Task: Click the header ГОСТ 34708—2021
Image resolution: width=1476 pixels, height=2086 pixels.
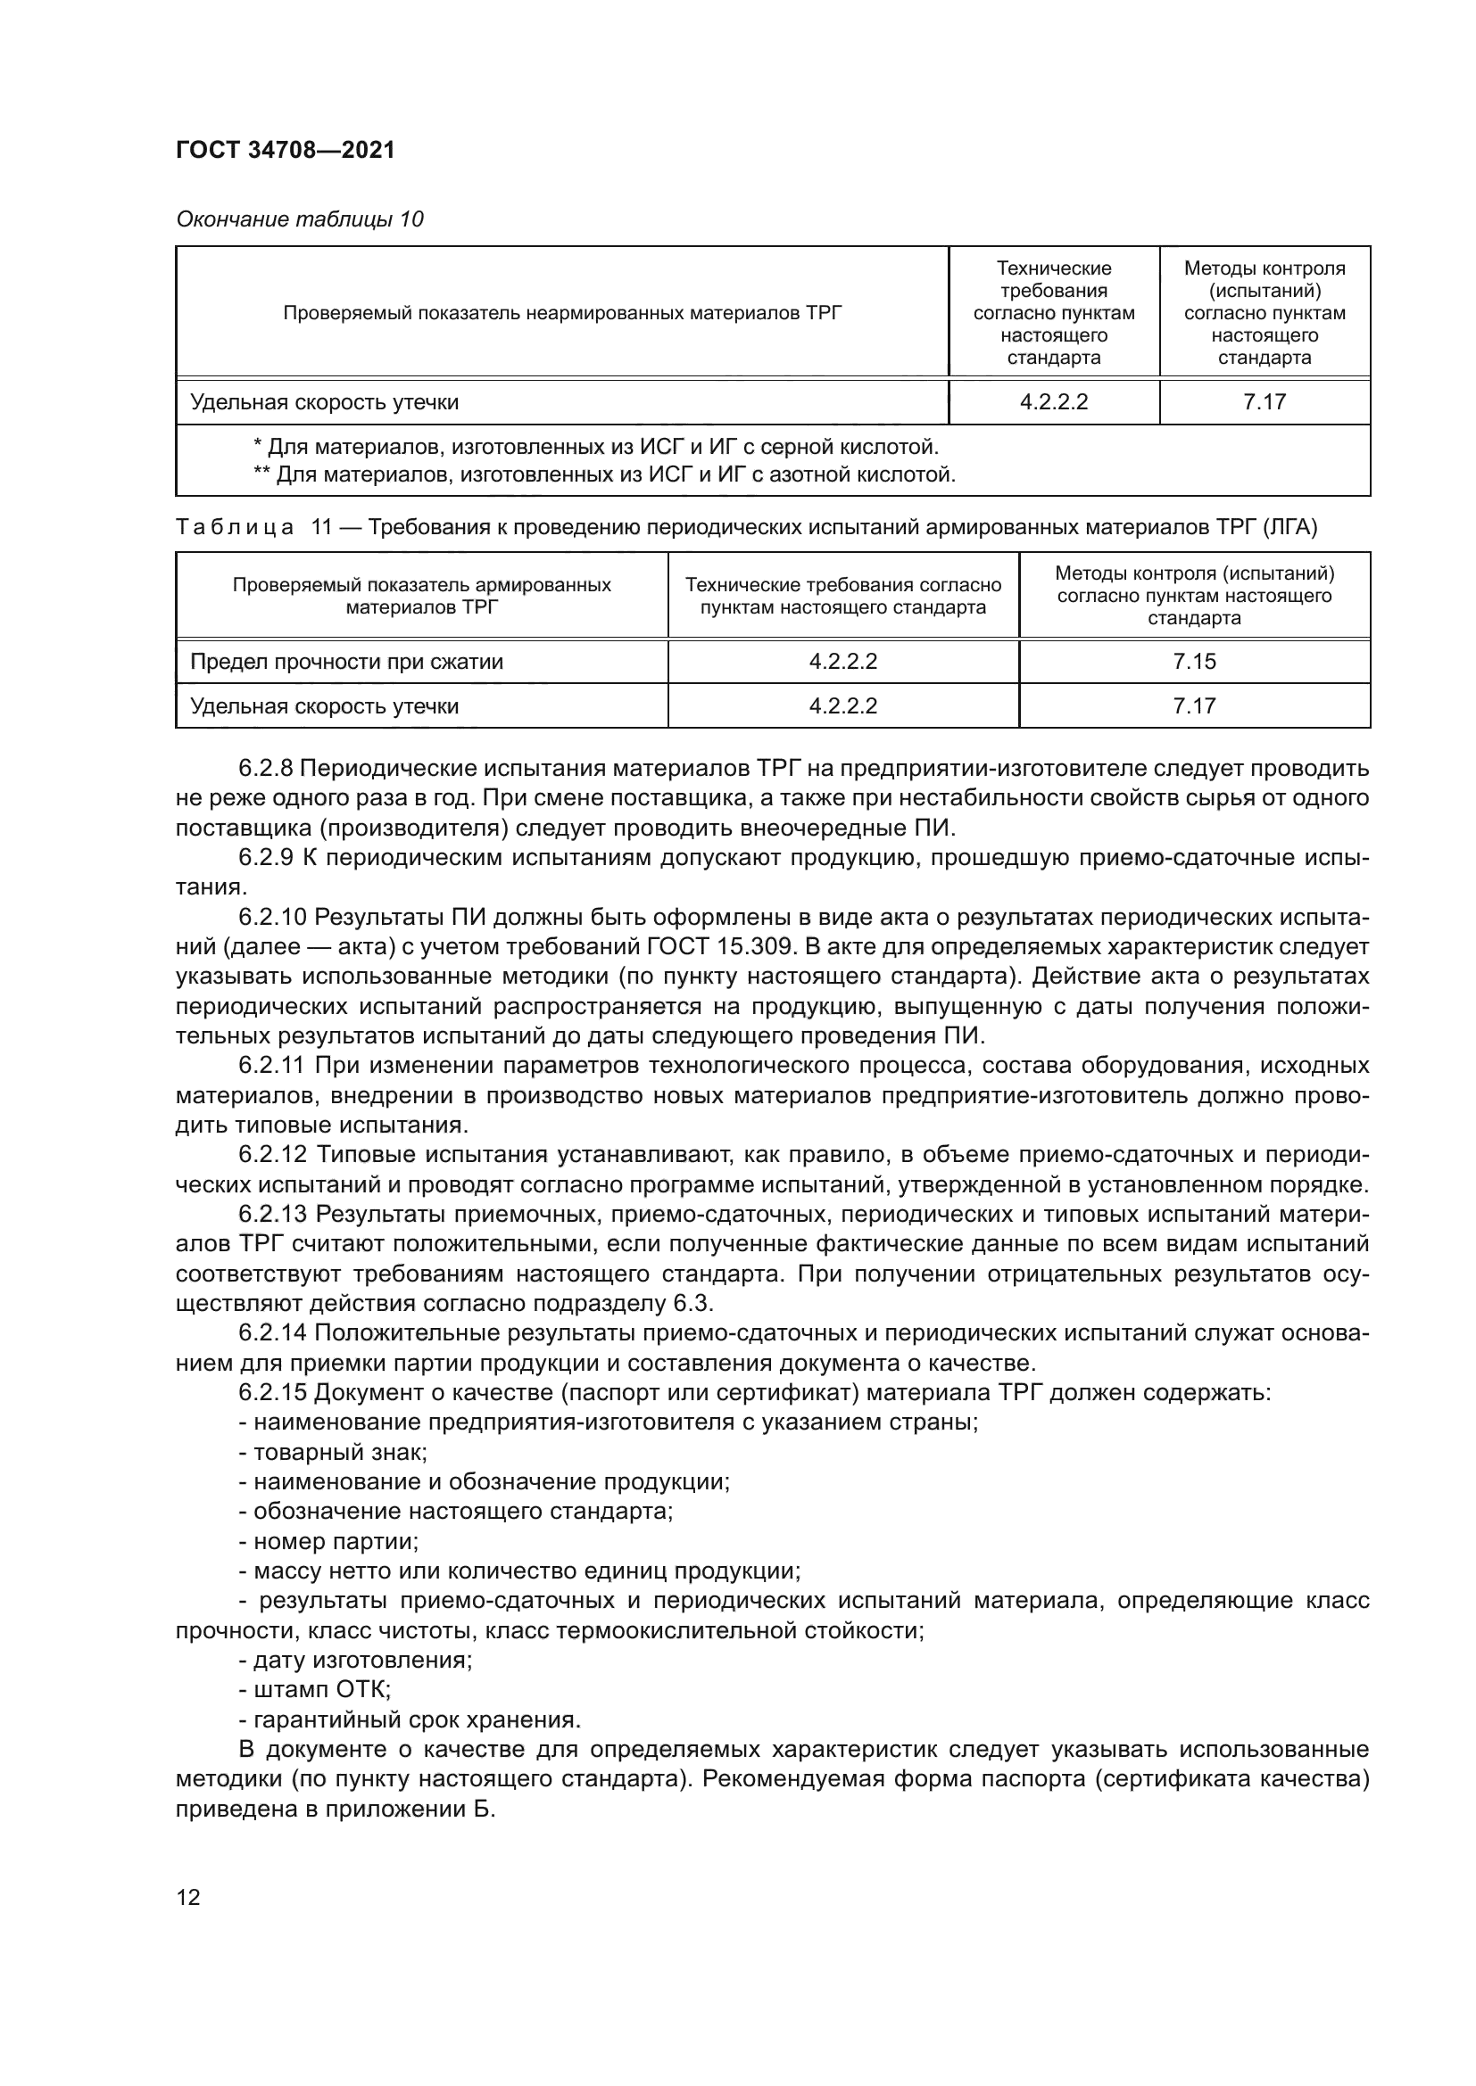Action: tap(286, 150)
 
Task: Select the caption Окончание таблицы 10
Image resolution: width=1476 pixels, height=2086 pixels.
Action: tap(299, 219)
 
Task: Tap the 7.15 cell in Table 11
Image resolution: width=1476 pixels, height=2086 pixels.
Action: tap(1193, 662)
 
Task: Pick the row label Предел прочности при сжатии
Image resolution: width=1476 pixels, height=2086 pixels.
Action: tap(346, 662)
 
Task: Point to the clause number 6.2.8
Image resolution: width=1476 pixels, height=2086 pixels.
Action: tap(265, 769)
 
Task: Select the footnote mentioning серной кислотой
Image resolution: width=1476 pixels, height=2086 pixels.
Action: tap(595, 447)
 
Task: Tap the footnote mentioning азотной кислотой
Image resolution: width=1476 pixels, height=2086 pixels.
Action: tap(603, 474)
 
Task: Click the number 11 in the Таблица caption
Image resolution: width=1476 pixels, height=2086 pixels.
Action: tap(322, 527)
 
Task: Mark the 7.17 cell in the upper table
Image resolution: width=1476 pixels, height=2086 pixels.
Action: tap(1265, 401)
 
